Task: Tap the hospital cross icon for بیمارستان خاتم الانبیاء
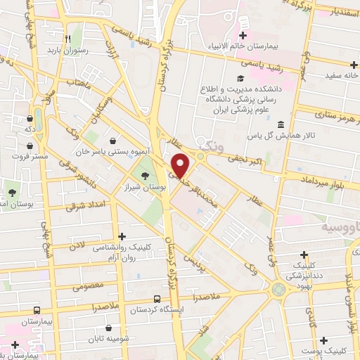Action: click(243, 35)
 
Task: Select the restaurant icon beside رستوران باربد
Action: click(67, 39)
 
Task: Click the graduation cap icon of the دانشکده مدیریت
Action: click(239, 78)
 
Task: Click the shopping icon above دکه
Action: click(30, 119)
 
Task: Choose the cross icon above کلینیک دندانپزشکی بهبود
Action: click(304, 255)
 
